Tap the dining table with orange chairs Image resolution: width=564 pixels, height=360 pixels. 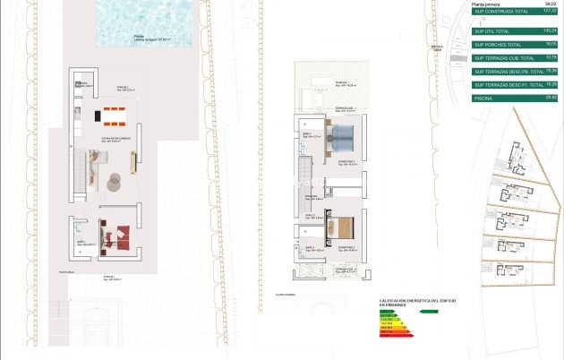(115, 114)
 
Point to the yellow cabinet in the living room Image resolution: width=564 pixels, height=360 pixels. (134, 162)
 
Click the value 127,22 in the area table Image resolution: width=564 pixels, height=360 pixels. (550, 11)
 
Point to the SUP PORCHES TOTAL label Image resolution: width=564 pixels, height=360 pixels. (497, 44)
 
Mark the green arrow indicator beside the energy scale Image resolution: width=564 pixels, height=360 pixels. (429, 312)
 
